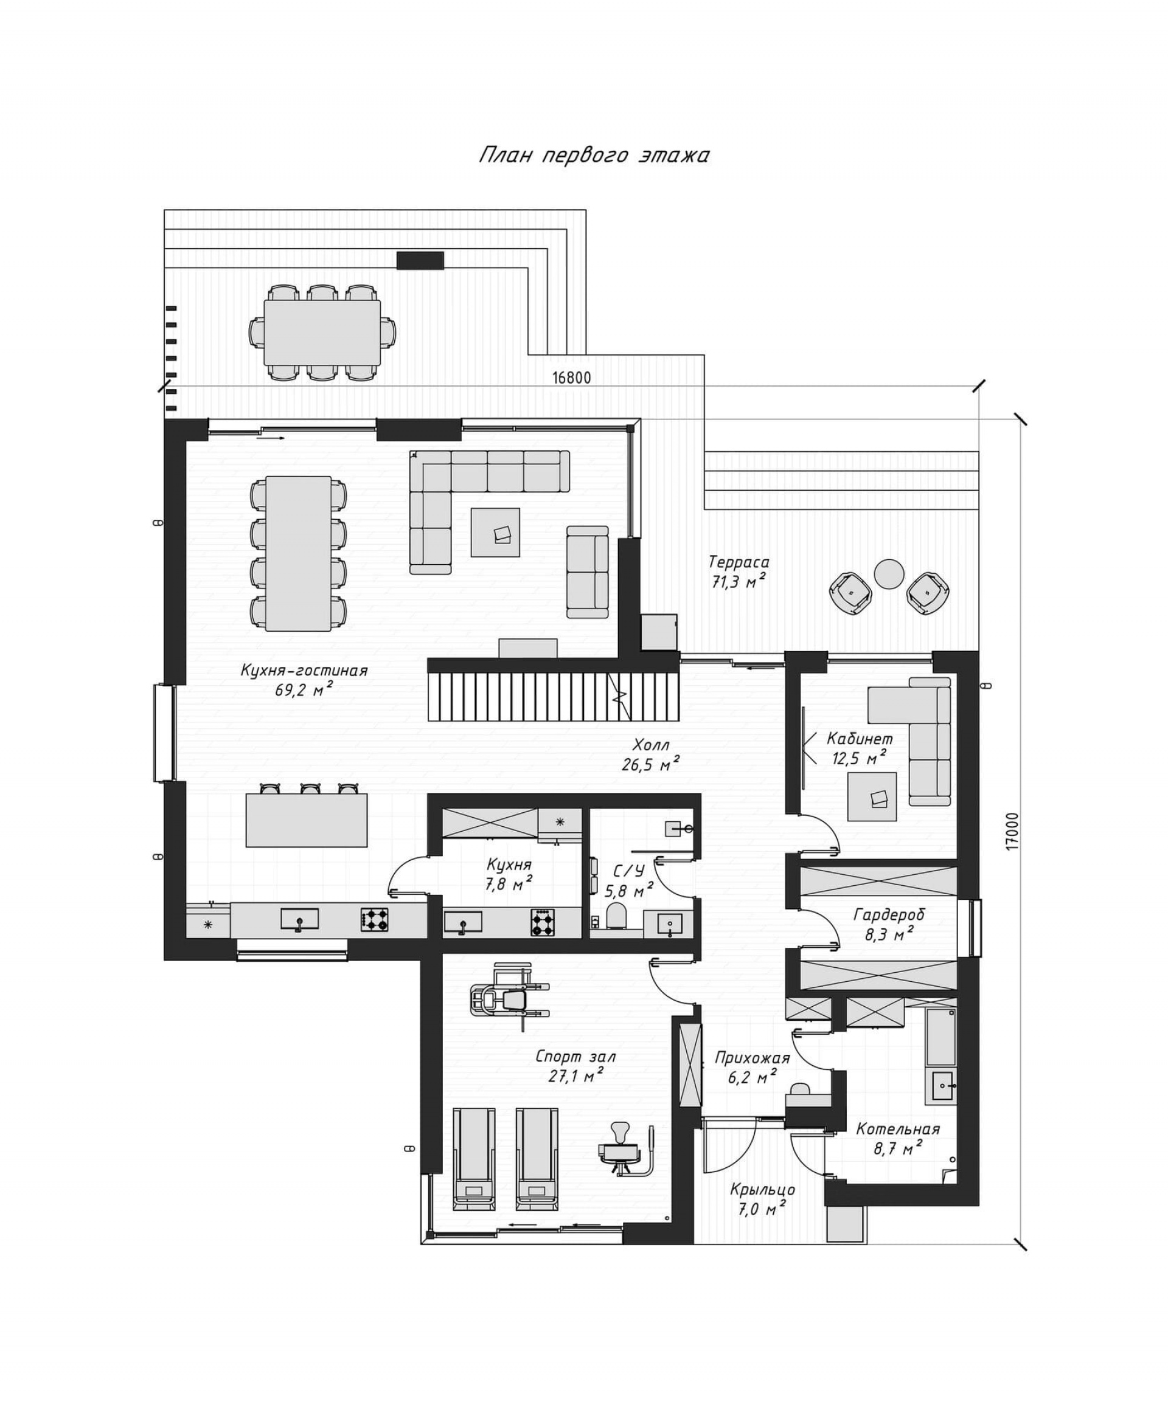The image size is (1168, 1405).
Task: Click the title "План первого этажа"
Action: click(x=594, y=156)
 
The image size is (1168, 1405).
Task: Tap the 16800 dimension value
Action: click(x=572, y=378)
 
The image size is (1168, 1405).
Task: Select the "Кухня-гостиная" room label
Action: click(x=304, y=671)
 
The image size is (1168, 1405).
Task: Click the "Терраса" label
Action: click(x=739, y=561)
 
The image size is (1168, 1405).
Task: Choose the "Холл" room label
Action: click(x=650, y=745)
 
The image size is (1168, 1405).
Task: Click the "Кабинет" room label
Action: click(x=860, y=739)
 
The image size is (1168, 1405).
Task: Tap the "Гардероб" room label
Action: click(x=889, y=914)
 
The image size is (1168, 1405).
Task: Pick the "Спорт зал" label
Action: click(x=575, y=1057)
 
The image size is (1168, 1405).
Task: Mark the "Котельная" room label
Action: click(x=897, y=1130)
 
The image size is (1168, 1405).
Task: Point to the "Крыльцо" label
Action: click(x=762, y=1190)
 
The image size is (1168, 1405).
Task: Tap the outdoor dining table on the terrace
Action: click(x=322, y=333)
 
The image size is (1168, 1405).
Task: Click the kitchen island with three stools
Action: click(x=307, y=820)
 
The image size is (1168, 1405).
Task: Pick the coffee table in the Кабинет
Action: click(x=872, y=796)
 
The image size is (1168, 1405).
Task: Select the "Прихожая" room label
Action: click(x=753, y=1058)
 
